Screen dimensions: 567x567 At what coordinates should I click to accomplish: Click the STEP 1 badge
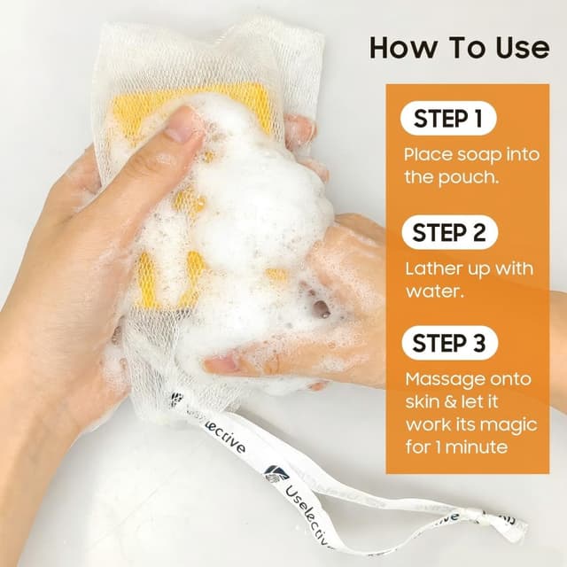pos(448,118)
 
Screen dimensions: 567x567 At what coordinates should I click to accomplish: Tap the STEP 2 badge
pos(449,232)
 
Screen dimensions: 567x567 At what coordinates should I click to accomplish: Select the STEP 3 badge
pos(449,343)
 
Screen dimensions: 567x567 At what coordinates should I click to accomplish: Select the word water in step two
pos(434,291)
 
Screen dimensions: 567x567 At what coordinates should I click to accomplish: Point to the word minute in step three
pos(477,447)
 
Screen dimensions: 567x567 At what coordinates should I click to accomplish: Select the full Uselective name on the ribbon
pos(308,517)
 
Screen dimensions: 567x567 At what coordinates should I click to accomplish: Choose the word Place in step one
pos(428,155)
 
